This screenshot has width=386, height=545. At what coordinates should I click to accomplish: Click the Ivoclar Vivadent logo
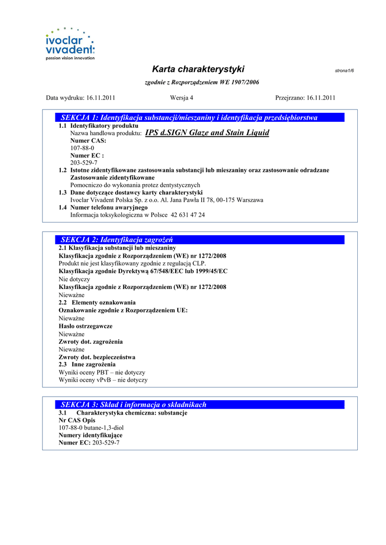click(x=70, y=44)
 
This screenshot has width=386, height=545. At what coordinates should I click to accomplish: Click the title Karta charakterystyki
click(x=198, y=69)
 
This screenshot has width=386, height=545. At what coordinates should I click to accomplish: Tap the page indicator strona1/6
click(x=344, y=71)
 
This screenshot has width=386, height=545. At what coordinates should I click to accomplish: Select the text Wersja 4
click(x=182, y=97)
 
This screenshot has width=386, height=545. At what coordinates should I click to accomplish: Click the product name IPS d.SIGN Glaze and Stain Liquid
click(x=207, y=133)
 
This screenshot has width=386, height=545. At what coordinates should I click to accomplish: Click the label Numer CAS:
click(x=88, y=141)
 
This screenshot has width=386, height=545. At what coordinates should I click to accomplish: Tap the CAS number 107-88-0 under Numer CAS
click(x=82, y=148)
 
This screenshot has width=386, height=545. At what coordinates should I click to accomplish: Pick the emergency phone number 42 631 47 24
click(x=187, y=215)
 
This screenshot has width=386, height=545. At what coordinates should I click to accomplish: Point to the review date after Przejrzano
click(x=321, y=97)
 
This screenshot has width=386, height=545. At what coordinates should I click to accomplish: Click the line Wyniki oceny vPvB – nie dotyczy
click(x=103, y=381)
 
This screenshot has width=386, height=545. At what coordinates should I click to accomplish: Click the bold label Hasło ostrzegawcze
click(x=85, y=326)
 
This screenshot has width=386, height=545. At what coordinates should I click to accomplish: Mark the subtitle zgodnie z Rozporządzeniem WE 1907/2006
click(x=202, y=82)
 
